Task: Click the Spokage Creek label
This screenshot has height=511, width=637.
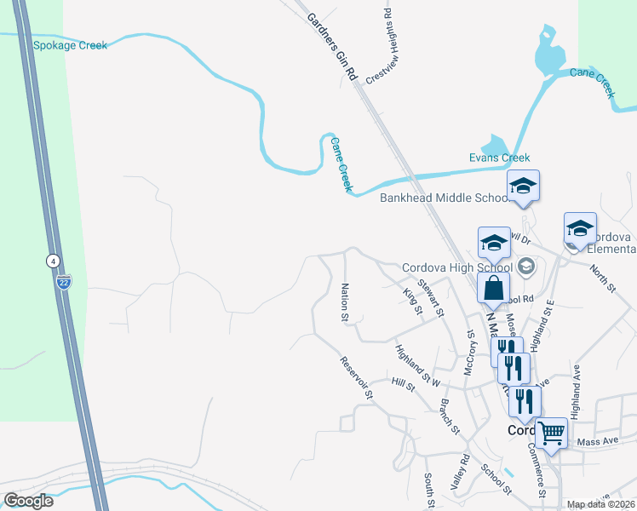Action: pos(70,45)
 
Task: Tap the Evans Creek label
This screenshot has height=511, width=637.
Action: pos(499,158)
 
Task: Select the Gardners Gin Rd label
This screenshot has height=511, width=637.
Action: pos(331,47)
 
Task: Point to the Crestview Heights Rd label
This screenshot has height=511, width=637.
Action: pos(379,47)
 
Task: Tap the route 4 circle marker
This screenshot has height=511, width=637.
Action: pos(53,260)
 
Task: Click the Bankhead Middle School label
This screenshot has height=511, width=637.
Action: pos(443,198)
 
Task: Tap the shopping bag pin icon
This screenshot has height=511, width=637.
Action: pos(494,288)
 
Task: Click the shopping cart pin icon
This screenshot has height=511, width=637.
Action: pos(551,433)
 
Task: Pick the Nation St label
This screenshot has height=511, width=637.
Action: pos(346,302)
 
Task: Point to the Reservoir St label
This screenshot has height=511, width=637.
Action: pos(357,378)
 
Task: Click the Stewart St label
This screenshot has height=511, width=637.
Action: pos(430,296)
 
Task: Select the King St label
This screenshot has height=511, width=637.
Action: pos(412,301)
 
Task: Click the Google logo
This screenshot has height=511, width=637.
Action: pos(28,501)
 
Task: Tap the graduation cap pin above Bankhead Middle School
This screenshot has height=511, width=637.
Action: pos(523,185)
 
